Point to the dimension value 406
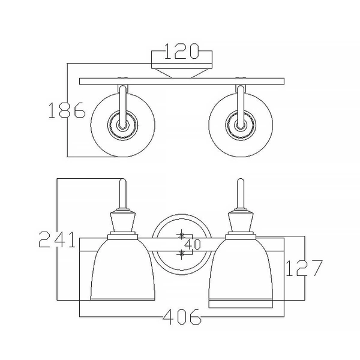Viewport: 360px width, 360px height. pyautogui.click(x=181, y=318)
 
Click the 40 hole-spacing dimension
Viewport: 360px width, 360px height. pyautogui.click(x=192, y=244)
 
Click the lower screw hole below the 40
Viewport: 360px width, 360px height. pyautogui.click(x=181, y=254)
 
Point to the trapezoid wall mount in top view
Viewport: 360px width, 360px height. pyautogui.click(x=181, y=71)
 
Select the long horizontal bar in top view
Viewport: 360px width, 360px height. pyautogui.click(x=181, y=80)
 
